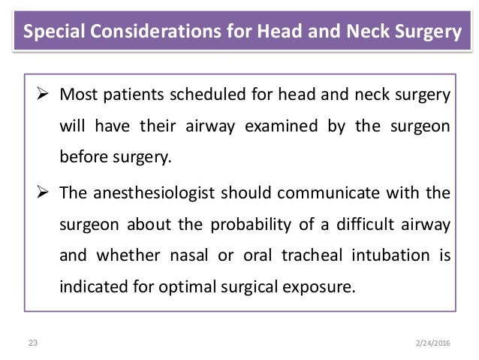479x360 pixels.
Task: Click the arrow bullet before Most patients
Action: [43, 97]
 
